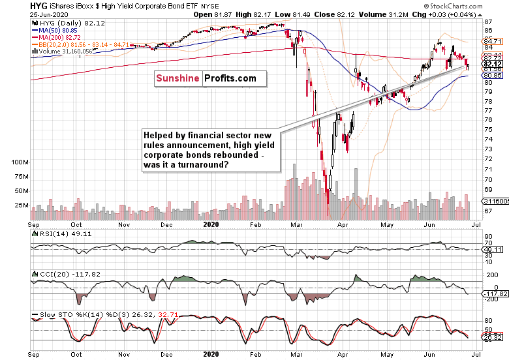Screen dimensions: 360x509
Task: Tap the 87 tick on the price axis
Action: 487,22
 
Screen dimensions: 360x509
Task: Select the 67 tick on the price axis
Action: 487,210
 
